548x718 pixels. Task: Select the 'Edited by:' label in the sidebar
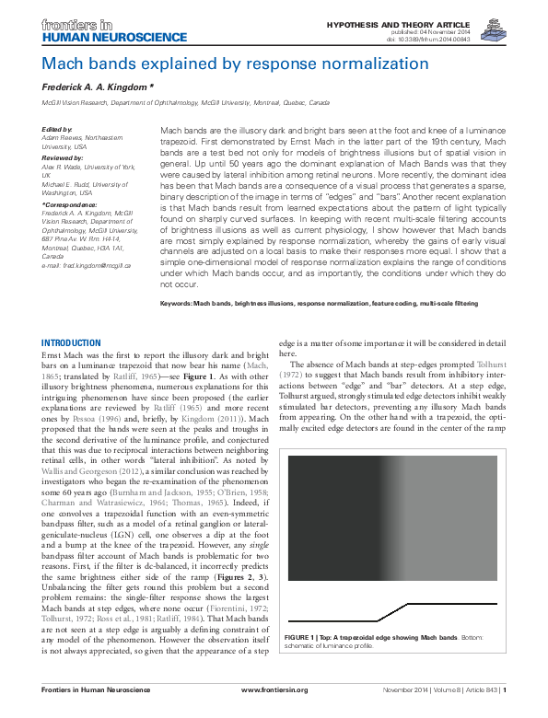(x=59, y=130)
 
